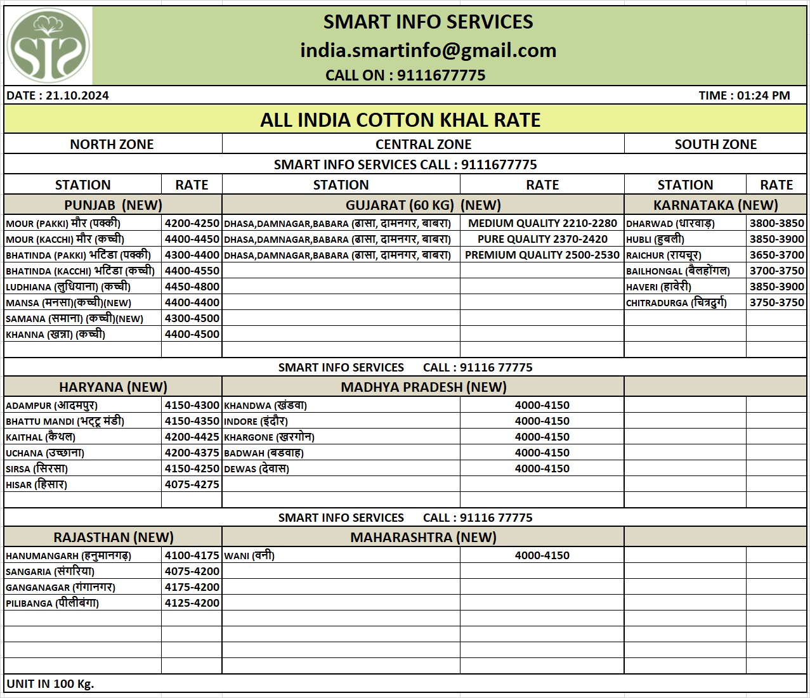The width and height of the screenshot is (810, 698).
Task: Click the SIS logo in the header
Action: point(48,46)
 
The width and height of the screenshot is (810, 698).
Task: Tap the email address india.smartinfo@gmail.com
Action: point(428,50)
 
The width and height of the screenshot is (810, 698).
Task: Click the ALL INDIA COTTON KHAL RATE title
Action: point(400,120)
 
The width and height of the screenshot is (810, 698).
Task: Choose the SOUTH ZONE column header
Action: point(715,145)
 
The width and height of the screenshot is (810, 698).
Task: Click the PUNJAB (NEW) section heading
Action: point(113,205)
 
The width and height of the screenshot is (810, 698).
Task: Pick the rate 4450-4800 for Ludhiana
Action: point(192,287)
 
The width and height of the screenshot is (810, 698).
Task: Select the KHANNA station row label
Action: point(55,334)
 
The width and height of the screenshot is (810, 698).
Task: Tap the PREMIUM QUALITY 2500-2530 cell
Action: point(542,255)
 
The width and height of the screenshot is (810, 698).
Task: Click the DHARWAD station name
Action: point(670,223)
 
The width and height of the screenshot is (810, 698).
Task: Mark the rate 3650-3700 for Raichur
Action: point(776,255)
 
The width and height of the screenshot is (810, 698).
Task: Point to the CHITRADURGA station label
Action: point(676,302)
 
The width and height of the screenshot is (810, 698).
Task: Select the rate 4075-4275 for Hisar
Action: point(192,484)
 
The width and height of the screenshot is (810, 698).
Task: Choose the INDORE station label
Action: point(256,421)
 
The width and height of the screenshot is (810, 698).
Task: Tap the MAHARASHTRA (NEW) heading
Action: point(423,538)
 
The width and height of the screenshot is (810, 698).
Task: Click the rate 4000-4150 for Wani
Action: point(542,555)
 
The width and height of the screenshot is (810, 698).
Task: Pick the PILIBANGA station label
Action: point(52,603)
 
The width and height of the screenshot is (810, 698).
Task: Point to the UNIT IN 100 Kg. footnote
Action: point(50,683)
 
